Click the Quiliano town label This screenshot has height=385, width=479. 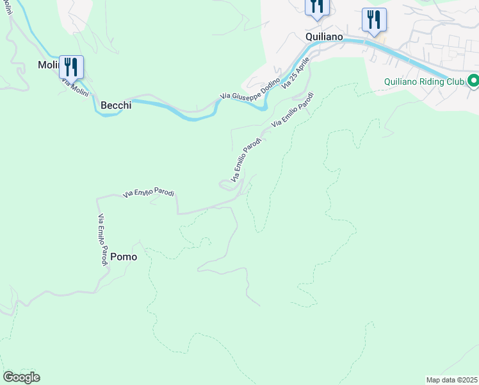pos(325,37)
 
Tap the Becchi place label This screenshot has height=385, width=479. pos(116,105)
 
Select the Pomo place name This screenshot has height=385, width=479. pos(124,257)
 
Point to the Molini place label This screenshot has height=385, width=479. pos(48,65)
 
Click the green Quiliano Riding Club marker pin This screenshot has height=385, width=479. pos(473,81)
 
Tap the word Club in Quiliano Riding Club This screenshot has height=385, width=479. pos(452,81)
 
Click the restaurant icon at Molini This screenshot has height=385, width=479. pos(71,67)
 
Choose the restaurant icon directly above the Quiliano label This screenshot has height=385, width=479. pos(317,7)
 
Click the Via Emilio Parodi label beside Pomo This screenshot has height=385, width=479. pos(102,240)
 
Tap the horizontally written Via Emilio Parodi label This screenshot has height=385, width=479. pos(149,193)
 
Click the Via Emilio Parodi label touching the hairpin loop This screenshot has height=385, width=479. pos(245,159)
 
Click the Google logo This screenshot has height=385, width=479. pos(21,377)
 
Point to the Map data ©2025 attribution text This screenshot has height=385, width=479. pos(451,380)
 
